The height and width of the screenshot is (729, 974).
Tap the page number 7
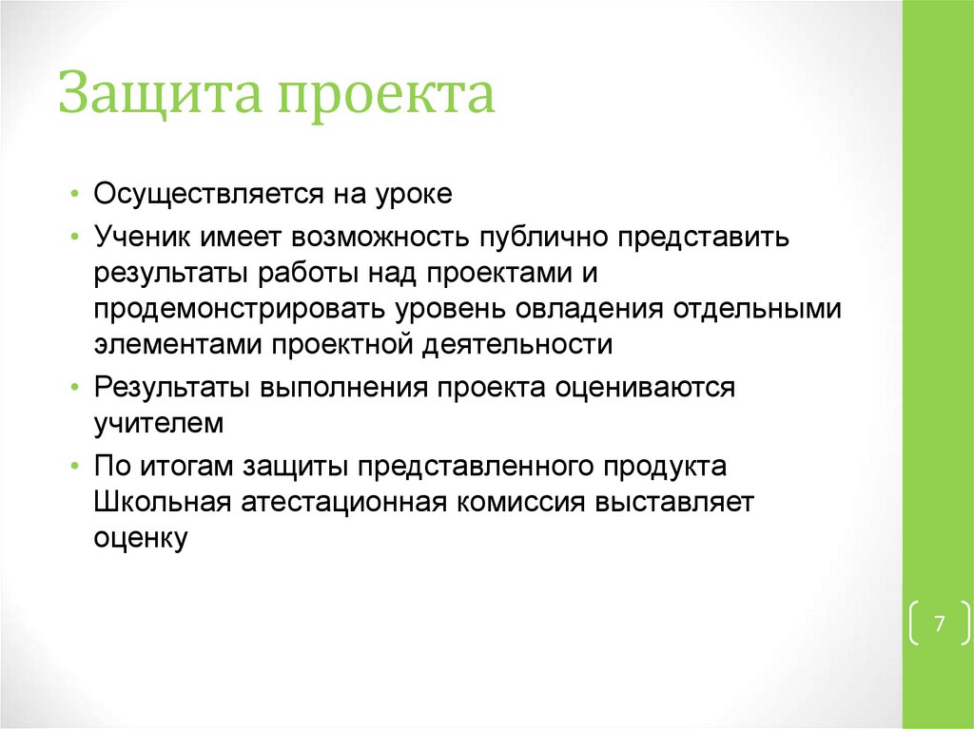(939, 624)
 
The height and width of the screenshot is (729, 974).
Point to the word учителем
(158, 424)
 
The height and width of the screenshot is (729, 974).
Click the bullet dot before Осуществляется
(75, 195)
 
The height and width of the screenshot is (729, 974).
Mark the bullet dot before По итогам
(75, 467)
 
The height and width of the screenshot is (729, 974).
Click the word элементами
(178, 344)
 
